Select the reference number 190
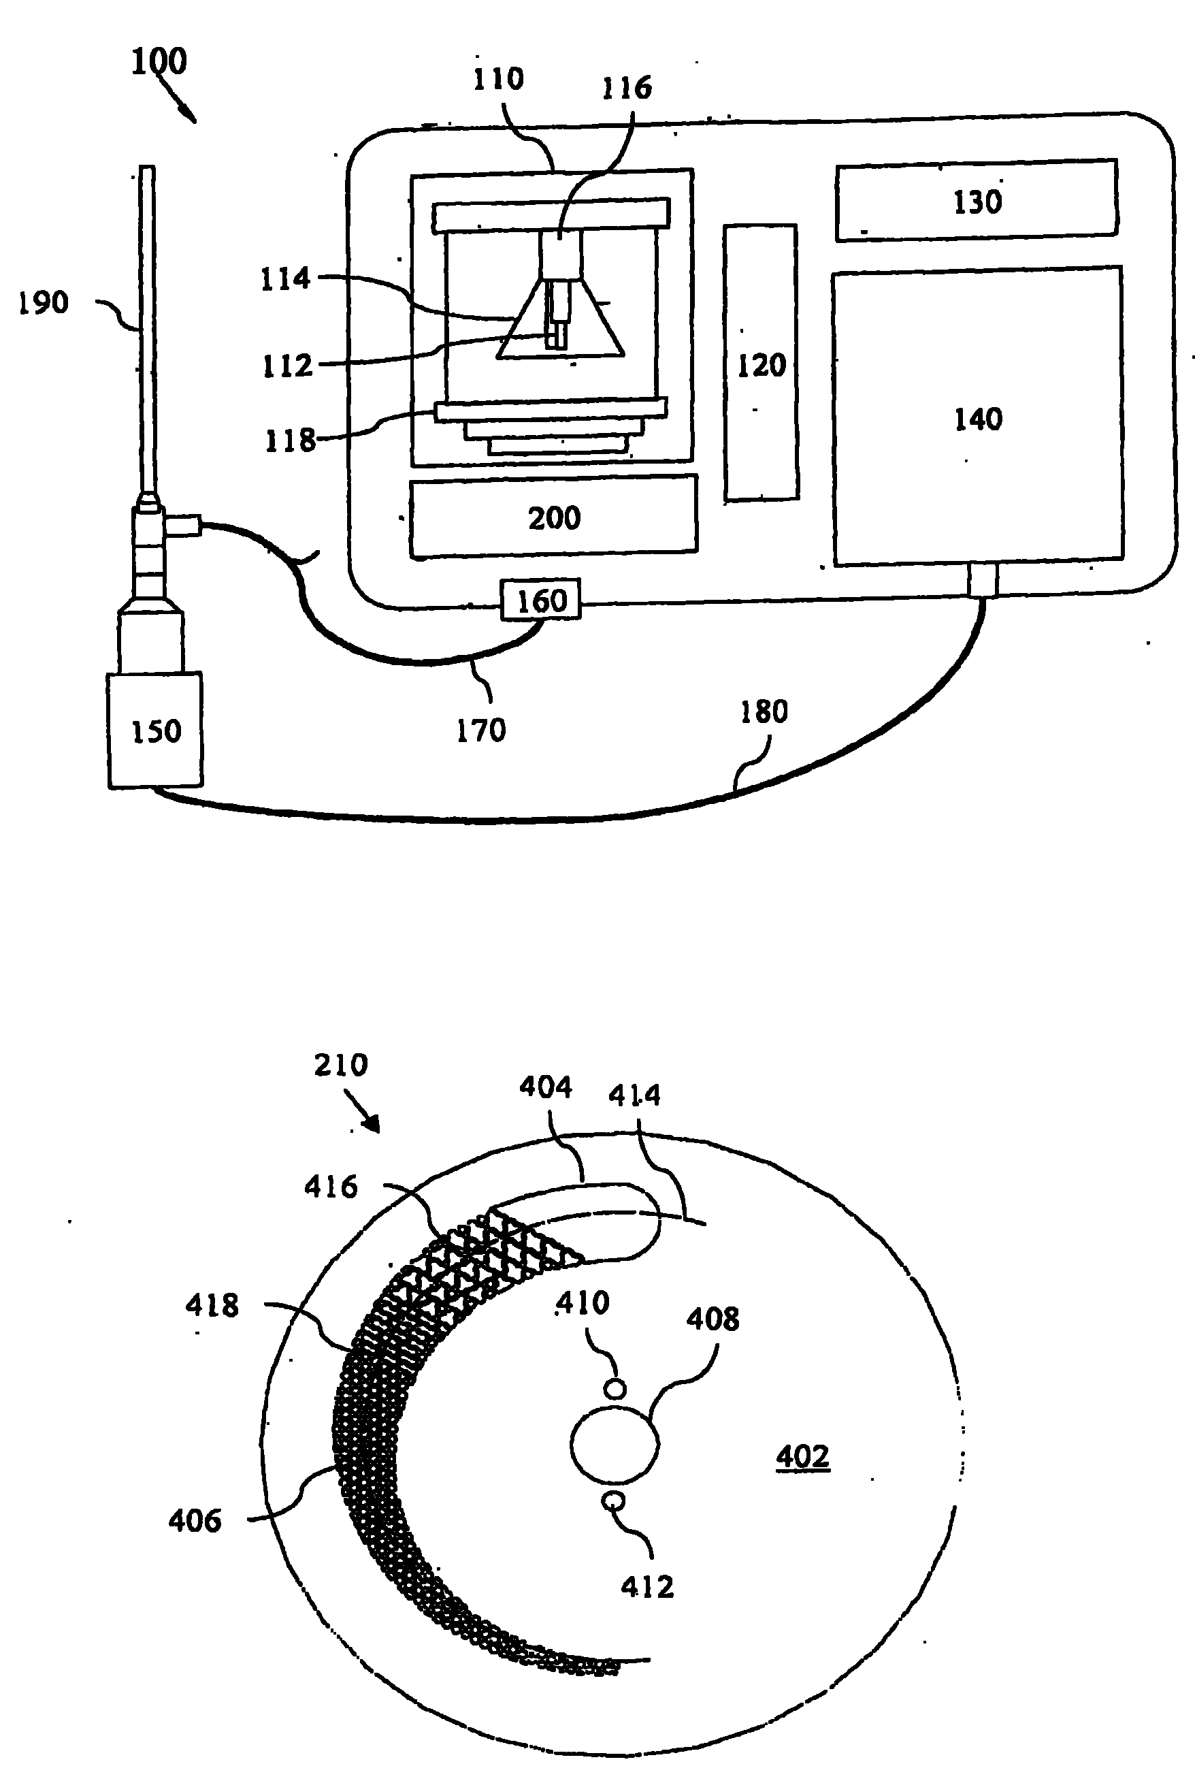pyautogui.click(x=44, y=303)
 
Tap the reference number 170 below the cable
pyautogui.click(x=481, y=731)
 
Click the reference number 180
pyautogui.click(x=764, y=711)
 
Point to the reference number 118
pyautogui.click(x=290, y=440)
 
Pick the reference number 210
pyautogui.click(x=341, y=1064)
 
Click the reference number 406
pyautogui.click(x=195, y=1521)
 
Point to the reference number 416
pyautogui.click(x=331, y=1187)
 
